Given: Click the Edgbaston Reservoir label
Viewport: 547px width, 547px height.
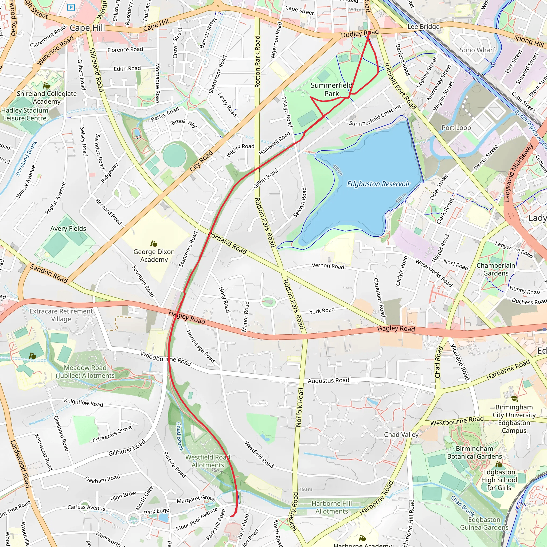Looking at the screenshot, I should (x=378, y=184).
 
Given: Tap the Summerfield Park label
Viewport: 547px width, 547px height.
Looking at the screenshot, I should (x=331, y=89).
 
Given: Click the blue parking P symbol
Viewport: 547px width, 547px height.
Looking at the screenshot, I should (x=71, y=8).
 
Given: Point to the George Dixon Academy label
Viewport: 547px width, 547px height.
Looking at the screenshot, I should (x=154, y=255).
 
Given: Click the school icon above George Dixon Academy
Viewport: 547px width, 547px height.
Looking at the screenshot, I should (x=154, y=244).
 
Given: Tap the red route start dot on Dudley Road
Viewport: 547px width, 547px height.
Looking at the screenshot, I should (x=369, y=33).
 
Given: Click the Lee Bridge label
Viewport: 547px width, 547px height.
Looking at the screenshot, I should (x=423, y=27).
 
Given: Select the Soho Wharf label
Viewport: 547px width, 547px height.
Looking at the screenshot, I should (x=477, y=50).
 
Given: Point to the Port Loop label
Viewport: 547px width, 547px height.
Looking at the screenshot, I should (x=456, y=128).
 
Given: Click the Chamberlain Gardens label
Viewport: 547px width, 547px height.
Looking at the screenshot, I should (x=496, y=269).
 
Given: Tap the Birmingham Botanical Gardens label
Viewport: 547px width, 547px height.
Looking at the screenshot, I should (x=475, y=452).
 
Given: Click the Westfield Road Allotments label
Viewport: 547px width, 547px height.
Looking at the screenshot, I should (x=208, y=461).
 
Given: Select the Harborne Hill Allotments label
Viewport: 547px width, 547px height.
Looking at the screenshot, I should (x=331, y=507).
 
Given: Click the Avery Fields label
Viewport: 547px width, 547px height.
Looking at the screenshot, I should (x=68, y=228).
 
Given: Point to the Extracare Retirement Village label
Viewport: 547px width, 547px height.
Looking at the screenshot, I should (x=61, y=315).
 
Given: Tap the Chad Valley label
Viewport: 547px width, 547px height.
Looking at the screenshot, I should (x=401, y=434).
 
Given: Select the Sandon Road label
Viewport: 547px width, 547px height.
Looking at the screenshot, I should (x=49, y=273).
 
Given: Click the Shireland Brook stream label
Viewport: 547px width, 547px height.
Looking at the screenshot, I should (x=26, y=159).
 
